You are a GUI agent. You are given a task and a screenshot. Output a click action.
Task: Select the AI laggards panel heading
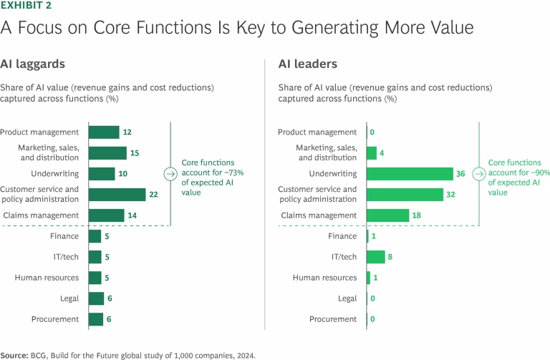(32, 64)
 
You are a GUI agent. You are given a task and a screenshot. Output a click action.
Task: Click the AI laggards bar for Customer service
(117, 195)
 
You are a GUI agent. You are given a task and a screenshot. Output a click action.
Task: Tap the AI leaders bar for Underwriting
(410, 174)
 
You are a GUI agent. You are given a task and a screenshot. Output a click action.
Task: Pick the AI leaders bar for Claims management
(387, 215)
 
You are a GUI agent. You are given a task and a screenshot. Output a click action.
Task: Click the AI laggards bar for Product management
(104, 132)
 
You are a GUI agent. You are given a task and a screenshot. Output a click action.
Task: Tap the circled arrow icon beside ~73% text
(170, 173)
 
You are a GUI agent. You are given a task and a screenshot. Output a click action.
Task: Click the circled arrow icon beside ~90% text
(474, 173)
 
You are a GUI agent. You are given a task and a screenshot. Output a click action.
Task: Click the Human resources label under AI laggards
(44, 278)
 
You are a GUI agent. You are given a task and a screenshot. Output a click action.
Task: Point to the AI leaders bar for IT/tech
(376, 257)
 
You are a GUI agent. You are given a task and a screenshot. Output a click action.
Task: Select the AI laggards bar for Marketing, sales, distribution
(107, 152)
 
